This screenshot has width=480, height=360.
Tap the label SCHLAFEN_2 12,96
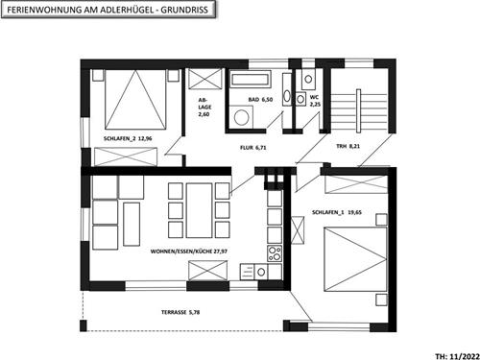click(129, 138)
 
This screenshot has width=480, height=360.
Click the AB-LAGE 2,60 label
click(204, 107)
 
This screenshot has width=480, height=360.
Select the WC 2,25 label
click(313, 101)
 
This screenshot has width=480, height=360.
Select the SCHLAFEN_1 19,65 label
click(340, 213)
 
